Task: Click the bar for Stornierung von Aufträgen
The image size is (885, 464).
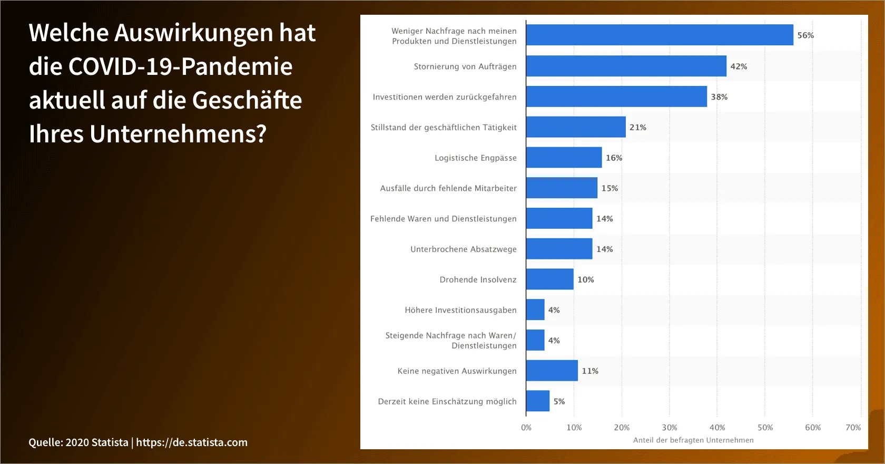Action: (x=626, y=66)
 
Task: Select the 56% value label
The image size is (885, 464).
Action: (x=805, y=35)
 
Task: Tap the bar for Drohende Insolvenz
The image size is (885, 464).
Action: (x=549, y=279)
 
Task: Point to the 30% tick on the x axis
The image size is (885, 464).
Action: (x=670, y=428)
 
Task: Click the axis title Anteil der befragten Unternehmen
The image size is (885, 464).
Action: (x=693, y=440)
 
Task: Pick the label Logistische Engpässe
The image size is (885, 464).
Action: (x=475, y=158)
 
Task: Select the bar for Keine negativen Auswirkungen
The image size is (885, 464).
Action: (x=552, y=371)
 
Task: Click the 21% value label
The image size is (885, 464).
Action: (x=637, y=128)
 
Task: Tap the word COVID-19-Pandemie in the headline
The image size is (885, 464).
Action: (x=180, y=66)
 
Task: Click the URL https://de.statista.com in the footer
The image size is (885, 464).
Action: (x=192, y=442)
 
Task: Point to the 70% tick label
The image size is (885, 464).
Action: (x=853, y=428)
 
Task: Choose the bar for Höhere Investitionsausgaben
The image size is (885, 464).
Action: (x=535, y=310)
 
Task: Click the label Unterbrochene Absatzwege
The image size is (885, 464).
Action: (x=464, y=249)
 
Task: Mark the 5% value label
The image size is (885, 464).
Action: (x=559, y=401)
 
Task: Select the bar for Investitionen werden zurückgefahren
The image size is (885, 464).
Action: (x=616, y=97)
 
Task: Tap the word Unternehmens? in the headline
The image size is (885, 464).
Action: (x=178, y=134)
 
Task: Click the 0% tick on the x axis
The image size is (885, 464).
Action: (x=526, y=428)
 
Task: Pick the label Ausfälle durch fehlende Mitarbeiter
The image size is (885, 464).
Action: (x=448, y=188)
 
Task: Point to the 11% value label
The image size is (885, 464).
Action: (x=590, y=371)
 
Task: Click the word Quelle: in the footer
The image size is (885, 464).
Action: (x=45, y=442)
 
